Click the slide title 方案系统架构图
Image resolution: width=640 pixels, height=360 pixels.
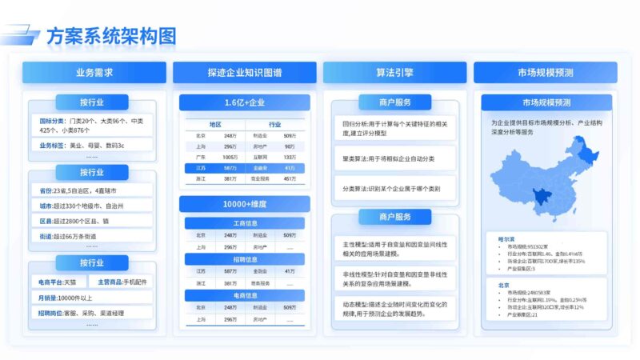tap(110, 36)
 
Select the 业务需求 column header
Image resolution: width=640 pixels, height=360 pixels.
tap(94, 73)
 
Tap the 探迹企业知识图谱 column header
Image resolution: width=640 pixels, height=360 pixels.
tap(244, 73)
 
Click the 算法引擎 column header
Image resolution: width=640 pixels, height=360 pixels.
tap(394, 73)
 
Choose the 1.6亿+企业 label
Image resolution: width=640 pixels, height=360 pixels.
tap(244, 102)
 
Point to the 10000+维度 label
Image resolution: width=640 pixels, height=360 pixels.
tap(244, 205)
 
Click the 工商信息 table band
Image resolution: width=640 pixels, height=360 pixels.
tap(244, 223)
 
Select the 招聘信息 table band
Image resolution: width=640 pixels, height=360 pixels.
tap(244, 259)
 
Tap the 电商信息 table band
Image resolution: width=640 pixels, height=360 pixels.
tap(244, 295)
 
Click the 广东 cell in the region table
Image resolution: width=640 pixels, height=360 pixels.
tap(201, 158)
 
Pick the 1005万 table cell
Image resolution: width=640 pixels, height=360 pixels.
tap(230, 158)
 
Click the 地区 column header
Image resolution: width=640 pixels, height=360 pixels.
tap(215, 125)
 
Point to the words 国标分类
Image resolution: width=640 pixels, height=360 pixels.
tap(51, 120)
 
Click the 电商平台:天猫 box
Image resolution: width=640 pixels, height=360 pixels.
tap(58, 282)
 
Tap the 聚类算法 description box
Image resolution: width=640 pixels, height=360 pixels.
tap(394, 158)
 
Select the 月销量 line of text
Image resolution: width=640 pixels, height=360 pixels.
tap(72, 298)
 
